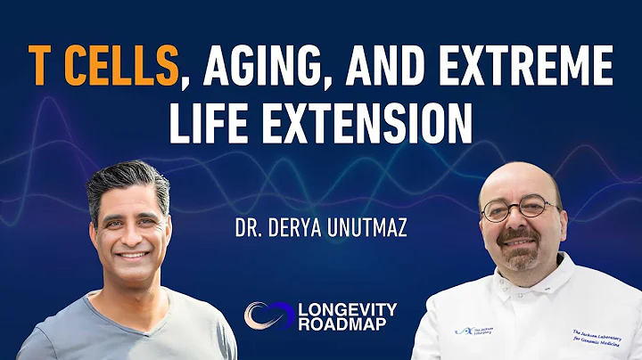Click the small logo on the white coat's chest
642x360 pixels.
(470, 329)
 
